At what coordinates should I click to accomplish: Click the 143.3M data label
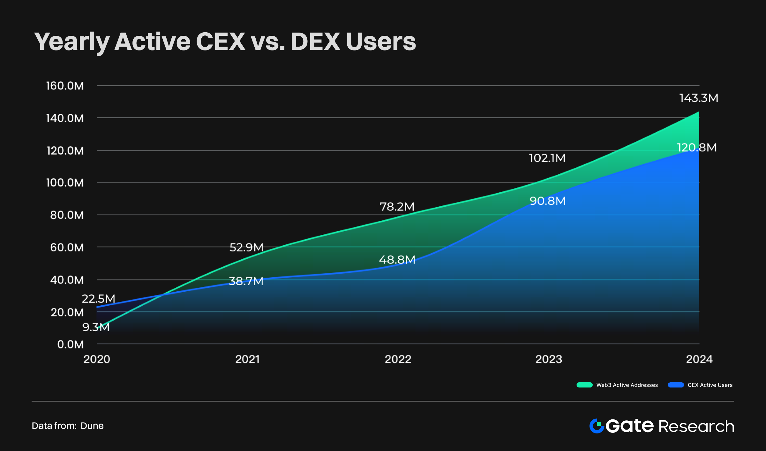pos(698,98)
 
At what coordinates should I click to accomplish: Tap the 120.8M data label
pos(696,148)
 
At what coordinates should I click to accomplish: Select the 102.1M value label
pos(547,158)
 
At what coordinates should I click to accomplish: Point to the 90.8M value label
pos(547,201)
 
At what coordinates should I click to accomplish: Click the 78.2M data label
pos(397,207)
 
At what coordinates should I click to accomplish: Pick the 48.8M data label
pos(397,260)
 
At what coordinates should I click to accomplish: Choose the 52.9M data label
pos(246,248)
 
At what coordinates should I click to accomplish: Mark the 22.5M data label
pos(98,299)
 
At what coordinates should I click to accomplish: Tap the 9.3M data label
pos(96,327)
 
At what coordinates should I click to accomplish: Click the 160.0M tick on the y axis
pos(65,86)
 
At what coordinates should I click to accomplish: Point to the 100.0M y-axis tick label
pos(65,183)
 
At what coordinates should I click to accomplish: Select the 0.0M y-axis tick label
pos(70,344)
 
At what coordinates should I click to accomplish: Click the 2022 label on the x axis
pos(398,359)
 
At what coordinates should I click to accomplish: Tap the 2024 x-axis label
pos(699,359)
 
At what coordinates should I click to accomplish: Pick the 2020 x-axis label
pos(97,359)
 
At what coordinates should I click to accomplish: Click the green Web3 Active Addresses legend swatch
pos(584,385)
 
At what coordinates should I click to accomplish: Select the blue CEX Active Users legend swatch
pos(676,385)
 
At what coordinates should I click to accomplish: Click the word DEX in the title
pos(315,42)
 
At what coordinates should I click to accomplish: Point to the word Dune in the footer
pos(92,426)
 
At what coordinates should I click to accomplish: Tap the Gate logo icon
pos(597,426)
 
